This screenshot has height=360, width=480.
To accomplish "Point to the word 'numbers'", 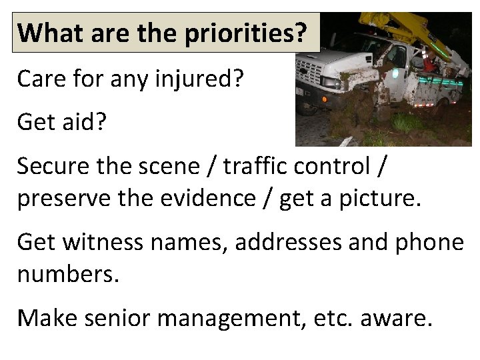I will (x=67, y=274).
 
